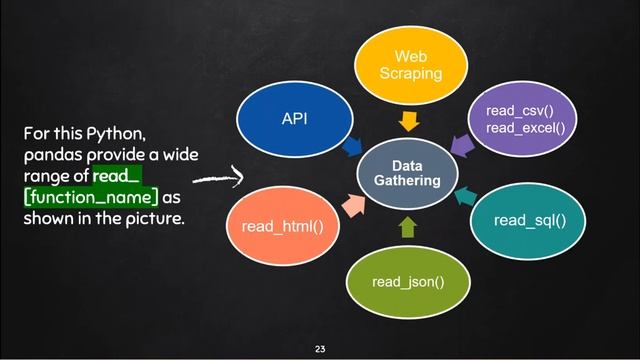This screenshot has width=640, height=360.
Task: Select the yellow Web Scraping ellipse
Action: point(405,65)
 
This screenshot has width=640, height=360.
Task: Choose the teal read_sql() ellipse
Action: point(525,218)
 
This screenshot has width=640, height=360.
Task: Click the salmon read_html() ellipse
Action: point(282,227)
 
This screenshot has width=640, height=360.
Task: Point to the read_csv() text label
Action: point(514,111)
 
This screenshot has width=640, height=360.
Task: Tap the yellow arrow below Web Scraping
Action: point(407,123)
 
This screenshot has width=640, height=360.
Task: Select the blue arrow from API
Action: point(352,147)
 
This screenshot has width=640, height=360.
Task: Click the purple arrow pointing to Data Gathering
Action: point(461,149)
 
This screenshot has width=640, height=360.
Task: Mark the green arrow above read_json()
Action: point(407,228)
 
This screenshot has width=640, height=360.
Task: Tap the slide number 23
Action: point(320,349)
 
